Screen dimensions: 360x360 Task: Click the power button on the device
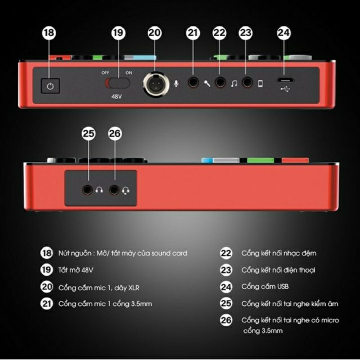click(x=51, y=87)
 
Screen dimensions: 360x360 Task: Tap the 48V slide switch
click(x=118, y=83)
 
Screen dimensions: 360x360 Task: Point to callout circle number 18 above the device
click(x=49, y=33)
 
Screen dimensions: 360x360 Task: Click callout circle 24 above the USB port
click(x=283, y=33)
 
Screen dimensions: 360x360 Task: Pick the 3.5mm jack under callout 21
click(x=193, y=83)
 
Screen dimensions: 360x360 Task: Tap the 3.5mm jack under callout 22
click(x=220, y=83)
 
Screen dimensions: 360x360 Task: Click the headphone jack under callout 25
click(x=89, y=190)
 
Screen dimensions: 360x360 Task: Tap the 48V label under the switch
click(x=118, y=97)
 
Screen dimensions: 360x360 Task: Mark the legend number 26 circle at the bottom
click(x=226, y=320)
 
